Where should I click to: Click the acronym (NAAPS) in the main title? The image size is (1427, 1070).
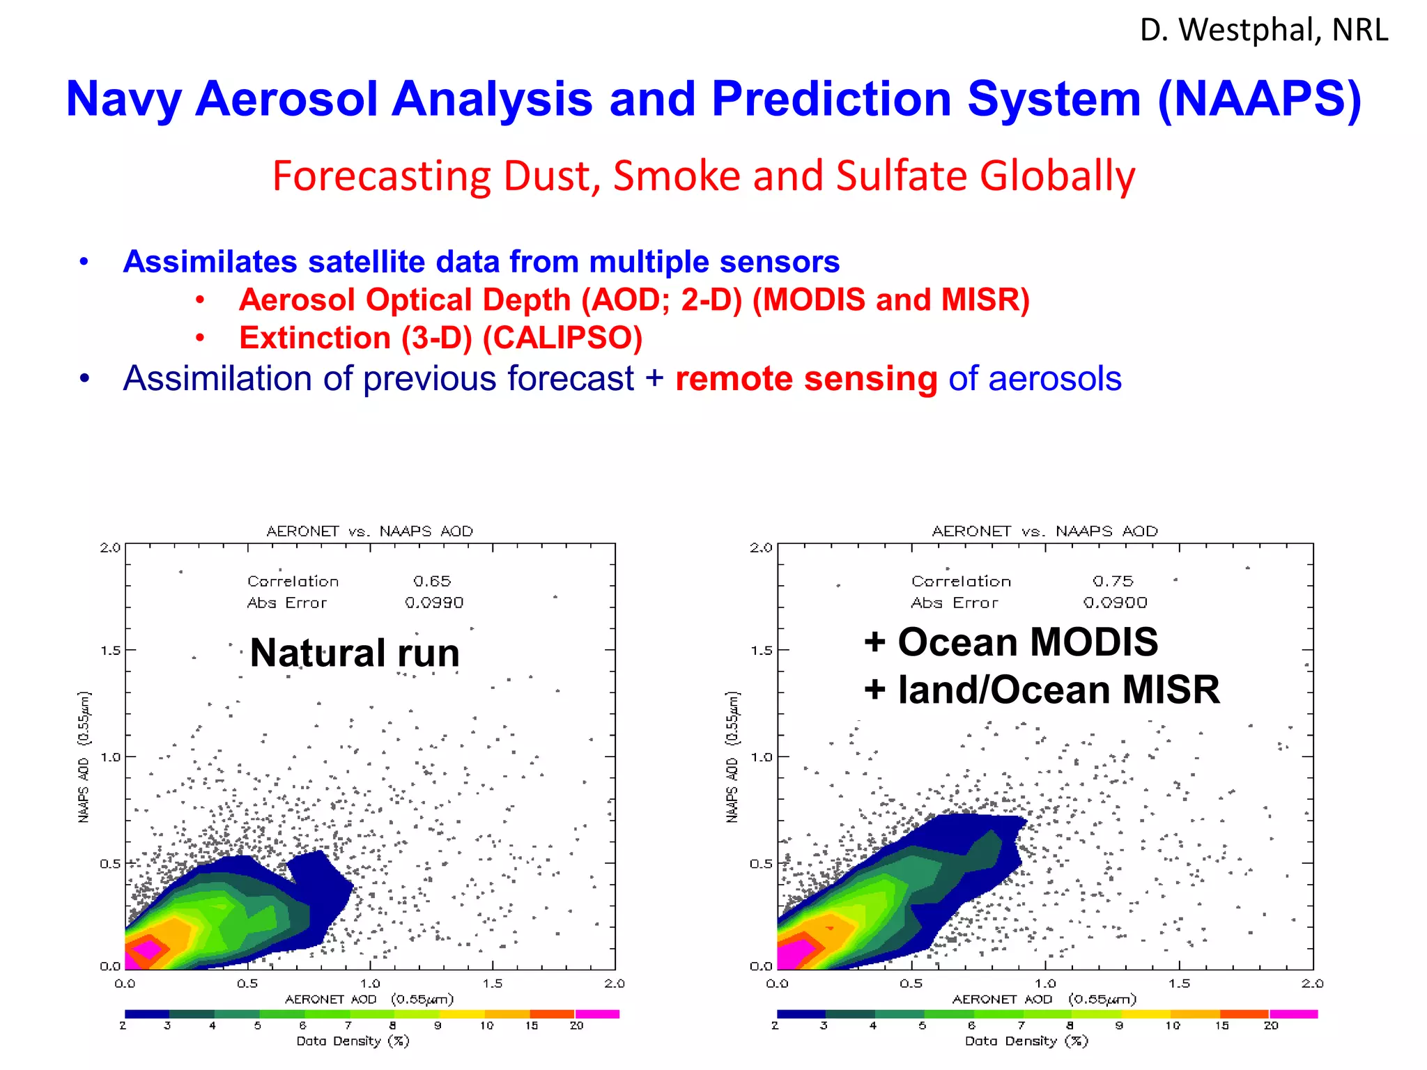pyautogui.click(x=1259, y=99)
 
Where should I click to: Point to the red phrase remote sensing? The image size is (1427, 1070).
pyautogui.click(x=806, y=379)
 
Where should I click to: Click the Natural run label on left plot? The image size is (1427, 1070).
pyautogui.click(x=355, y=653)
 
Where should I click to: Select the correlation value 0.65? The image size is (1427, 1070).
pyautogui.click(x=432, y=581)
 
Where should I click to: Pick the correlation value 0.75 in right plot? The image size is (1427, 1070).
pyautogui.click(x=1113, y=581)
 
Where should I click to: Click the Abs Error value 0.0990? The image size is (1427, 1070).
pyautogui.click(x=433, y=603)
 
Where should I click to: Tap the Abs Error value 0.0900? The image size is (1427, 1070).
pyautogui.click(x=1115, y=603)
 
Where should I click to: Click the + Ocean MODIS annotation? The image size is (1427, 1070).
pyautogui.click(x=1010, y=642)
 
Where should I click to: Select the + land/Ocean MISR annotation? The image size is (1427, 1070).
pyautogui.click(x=1042, y=690)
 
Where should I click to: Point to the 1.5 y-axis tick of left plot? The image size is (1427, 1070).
pyautogui.click(x=110, y=651)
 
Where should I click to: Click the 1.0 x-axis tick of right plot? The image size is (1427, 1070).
pyautogui.click(x=1045, y=984)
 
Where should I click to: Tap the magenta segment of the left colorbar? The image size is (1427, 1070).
pyautogui.click(x=597, y=1014)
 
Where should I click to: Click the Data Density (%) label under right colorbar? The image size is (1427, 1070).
pyautogui.click(x=1026, y=1041)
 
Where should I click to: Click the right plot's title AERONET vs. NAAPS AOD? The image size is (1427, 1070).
pyautogui.click(x=1045, y=532)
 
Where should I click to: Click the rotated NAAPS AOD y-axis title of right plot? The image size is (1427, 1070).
pyautogui.click(x=732, y=757)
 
